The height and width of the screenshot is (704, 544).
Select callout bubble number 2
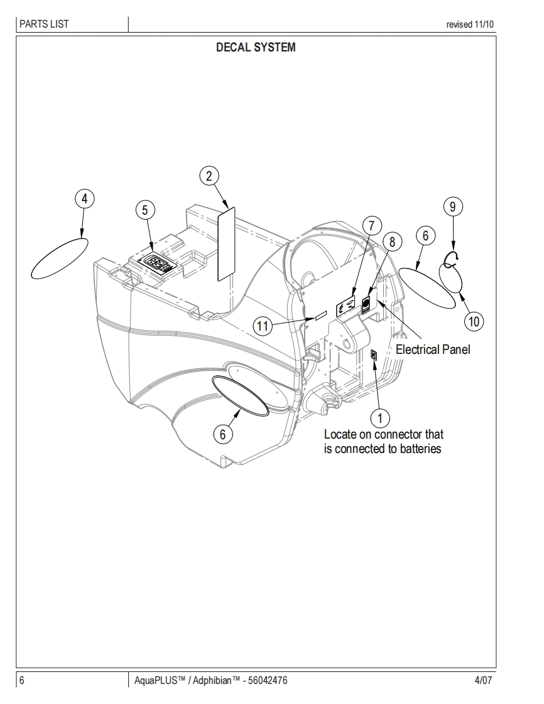tap(209, 176)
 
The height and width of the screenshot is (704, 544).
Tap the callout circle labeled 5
tap(145, 210)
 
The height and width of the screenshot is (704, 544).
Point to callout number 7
tap(371, 225)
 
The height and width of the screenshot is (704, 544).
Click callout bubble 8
tap(391, 242)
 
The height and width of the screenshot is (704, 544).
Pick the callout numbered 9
tap(452, 206)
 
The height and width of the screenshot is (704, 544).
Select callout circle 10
tap(474, 321)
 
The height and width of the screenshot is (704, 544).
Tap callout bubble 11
tap(264, 325)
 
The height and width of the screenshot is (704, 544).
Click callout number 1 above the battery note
tap(379, 416)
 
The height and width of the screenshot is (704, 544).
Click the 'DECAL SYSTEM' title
tap(255, 48)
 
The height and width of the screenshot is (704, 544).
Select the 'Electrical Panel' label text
tap(432, 349)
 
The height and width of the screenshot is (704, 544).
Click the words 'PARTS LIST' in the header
tap(44, 24)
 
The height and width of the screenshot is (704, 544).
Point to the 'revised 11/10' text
tap(470, 25)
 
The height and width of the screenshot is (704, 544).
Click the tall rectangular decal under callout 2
tap(226, 243)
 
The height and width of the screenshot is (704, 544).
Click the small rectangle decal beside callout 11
tap(320, 316)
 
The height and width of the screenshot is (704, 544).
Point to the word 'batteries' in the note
tap(420, 449)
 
